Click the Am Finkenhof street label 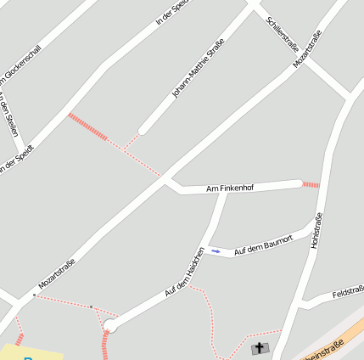[x=230, y=188]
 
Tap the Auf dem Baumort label [x=263, y=245]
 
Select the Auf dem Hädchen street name [x=186, y=273]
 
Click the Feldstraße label [x=349, y=290]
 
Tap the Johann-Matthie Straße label [x=198, y=68]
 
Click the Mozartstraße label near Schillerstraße [x=307, y=48]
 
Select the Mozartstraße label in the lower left [x=57, y=273]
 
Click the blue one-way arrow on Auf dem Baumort [x=216, y=250]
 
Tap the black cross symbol [x=260, y=348]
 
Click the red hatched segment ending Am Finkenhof [x=311, y=184]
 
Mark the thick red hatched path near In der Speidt [x=88, y=127]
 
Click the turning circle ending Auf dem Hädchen [x=110, y=325]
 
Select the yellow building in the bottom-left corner [x=30, y=352]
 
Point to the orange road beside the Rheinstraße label [x=348, y=333]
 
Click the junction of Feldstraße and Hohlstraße [x=303, y=301]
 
